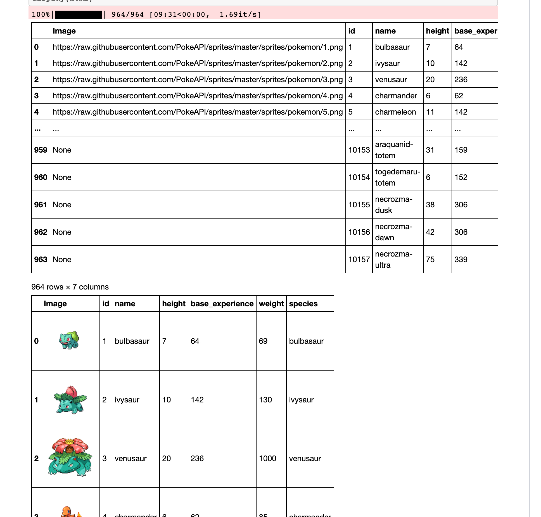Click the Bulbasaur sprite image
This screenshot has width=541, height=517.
pos(69,340)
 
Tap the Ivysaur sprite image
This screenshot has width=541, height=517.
pos(70,400)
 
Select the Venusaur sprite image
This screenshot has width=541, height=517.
pos(70,457)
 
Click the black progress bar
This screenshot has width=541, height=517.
pos(79,15)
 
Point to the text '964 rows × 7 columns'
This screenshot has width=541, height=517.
pos(70,287)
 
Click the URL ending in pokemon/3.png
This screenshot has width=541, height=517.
pos(197,80)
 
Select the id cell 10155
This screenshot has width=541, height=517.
pos(359,205)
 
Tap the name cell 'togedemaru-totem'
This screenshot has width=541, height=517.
pos(397,177)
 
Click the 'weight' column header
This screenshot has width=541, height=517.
pos(271,304)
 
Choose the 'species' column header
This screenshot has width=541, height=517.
pos(303,304)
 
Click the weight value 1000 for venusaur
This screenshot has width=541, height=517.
pos(267,459)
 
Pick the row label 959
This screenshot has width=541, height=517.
pos(41,150)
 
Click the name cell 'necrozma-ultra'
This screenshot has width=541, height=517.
pos(393,259)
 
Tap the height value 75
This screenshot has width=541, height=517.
pos(430,260)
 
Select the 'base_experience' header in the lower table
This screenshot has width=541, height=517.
pos(222,304)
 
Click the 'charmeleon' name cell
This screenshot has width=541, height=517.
pos(395,112)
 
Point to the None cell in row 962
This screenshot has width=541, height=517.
pos(62,232)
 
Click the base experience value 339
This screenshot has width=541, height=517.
pos(461,260)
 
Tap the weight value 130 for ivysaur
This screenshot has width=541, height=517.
pos(265,400)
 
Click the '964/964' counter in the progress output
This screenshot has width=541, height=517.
pos(128,15)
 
